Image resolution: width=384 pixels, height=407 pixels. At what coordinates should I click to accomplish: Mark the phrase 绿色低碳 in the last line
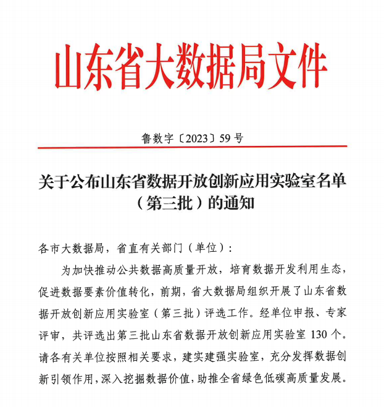[272, 377]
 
